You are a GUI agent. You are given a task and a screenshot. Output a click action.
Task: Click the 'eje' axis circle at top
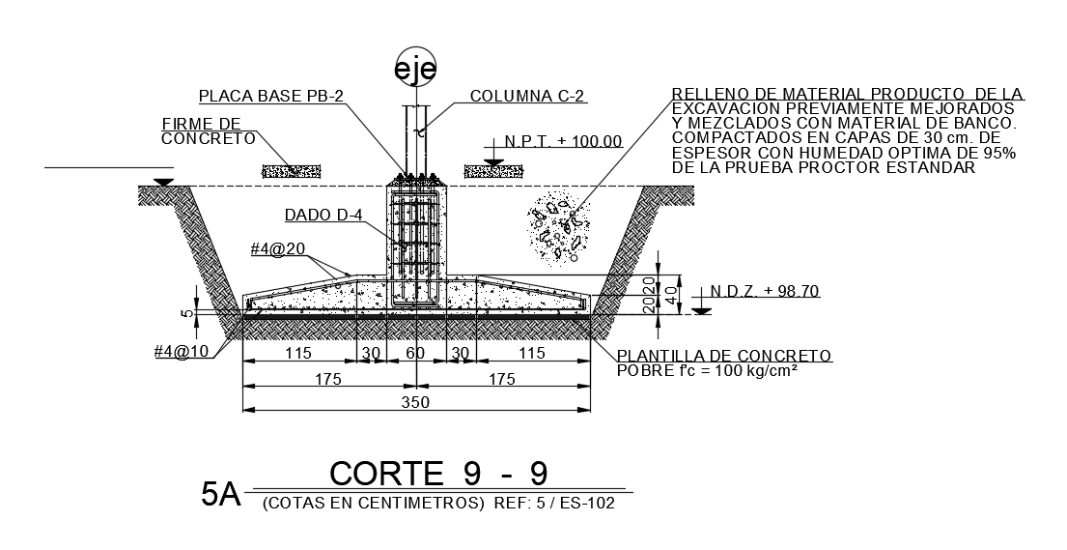[415, 68]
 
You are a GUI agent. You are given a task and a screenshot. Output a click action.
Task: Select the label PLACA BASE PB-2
[271, 96]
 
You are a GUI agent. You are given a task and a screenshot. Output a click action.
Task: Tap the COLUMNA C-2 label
[527, 96]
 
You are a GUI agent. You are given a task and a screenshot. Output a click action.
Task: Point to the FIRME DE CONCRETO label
[208, 131]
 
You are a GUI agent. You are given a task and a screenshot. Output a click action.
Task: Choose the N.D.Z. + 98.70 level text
[764, 291]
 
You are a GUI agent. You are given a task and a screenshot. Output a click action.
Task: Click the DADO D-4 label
[323, 216]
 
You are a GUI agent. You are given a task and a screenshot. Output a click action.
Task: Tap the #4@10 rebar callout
[183, 351]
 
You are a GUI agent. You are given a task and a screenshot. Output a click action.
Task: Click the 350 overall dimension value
[415, 402]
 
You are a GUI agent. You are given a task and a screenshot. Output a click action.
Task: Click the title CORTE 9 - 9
[438, 474]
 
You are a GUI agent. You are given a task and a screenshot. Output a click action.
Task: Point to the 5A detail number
[220, 494]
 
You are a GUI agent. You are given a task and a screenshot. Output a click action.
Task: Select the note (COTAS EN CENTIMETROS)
[372, 504]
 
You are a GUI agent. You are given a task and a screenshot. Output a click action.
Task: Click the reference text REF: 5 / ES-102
[553, 504]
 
